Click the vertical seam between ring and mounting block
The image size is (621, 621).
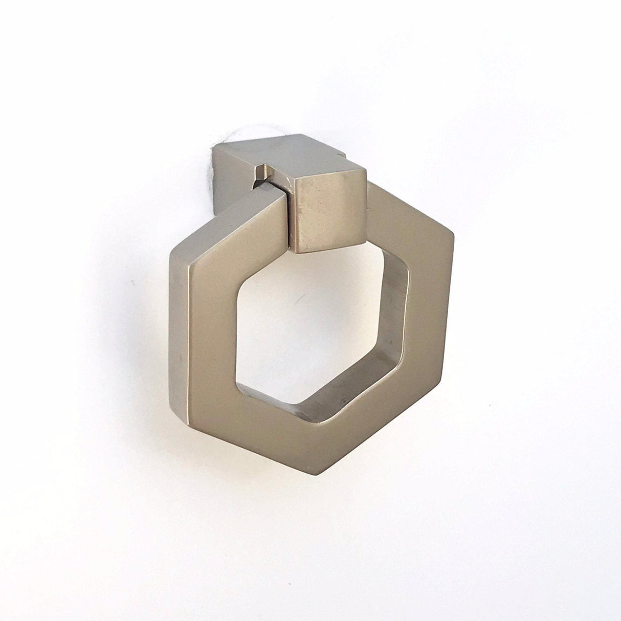coord(289,215)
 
